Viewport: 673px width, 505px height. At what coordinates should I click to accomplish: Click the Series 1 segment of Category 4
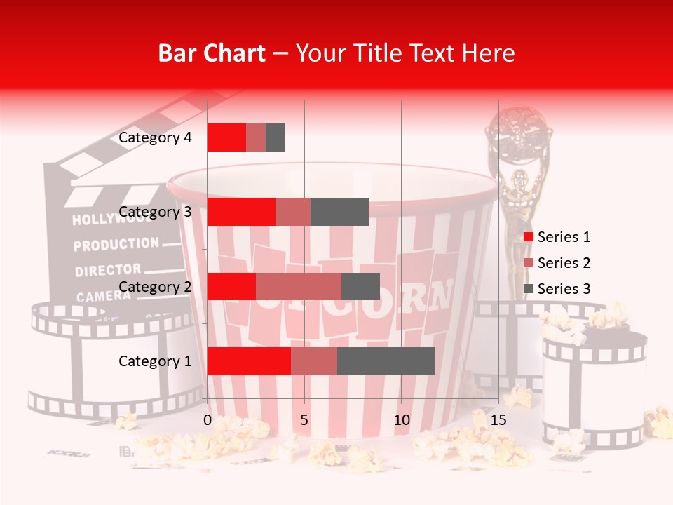226,137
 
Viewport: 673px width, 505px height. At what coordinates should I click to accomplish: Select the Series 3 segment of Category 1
386,361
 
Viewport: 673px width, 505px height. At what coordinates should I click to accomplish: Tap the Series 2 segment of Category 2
299,287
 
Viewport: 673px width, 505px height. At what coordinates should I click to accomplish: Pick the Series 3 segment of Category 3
339,212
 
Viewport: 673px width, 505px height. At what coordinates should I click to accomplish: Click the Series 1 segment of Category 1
249,361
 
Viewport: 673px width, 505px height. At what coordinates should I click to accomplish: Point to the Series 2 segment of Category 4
256,137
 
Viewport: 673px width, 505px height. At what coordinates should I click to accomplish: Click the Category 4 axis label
155,137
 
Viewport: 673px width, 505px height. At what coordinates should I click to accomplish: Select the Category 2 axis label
155,287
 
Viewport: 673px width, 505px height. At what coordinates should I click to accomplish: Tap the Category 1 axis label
155,361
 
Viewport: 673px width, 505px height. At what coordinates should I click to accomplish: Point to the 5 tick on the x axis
304,420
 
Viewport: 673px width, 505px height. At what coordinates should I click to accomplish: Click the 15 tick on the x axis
498,420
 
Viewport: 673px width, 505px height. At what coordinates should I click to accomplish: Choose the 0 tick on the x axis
208,420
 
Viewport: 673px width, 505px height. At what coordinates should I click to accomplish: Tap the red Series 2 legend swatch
529,263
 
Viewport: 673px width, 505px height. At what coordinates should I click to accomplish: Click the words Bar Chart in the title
212,53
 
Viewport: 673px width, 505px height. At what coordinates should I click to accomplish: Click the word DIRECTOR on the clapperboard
108,270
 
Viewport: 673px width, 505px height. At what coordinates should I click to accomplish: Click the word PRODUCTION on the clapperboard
116,245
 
